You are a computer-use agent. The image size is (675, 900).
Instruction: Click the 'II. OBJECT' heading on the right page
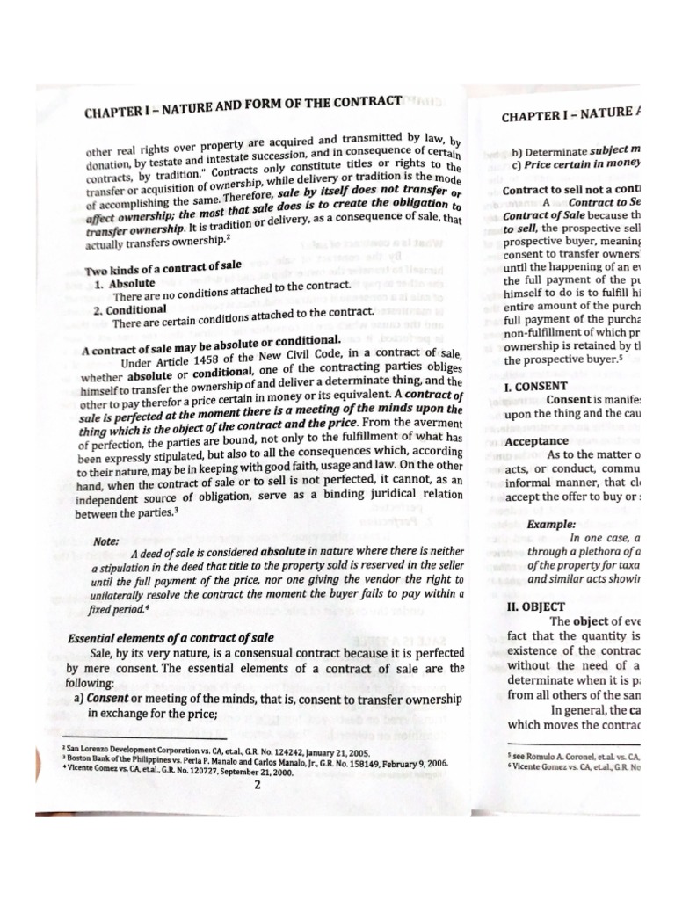(x=534, y=606)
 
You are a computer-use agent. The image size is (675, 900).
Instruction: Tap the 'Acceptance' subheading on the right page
(x=537, y=441)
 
